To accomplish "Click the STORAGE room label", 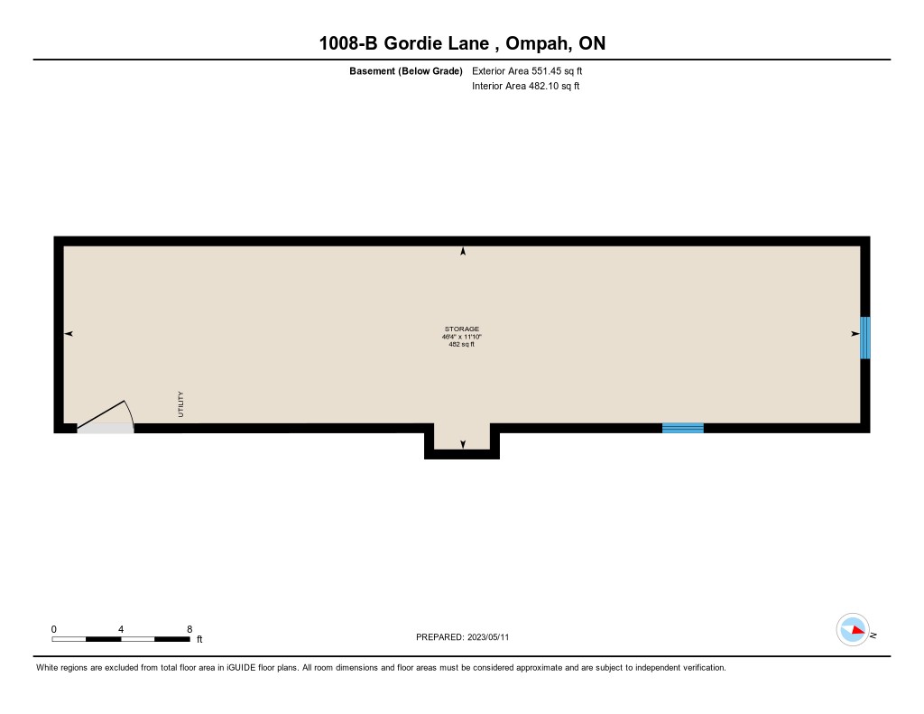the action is point(462,329).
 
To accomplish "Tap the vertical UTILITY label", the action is point(180,404).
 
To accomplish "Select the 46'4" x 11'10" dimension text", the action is point(462,337).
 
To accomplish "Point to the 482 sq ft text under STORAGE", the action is point(461,344).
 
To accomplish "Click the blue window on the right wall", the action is point(865,338).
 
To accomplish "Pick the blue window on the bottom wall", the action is point(683,428).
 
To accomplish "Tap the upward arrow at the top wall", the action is point(463,251).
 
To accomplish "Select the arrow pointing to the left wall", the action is point(69,334).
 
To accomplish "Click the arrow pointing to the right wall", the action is point(855,334).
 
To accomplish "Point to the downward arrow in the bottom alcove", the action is point(463,444).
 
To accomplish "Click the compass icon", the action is point(853,630).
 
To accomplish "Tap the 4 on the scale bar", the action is point(121,629).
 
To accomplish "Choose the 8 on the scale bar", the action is point(189,629).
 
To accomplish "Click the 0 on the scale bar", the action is point(53,629).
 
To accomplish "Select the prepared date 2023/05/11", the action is point(488,637).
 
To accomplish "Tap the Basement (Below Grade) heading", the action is point(406,71).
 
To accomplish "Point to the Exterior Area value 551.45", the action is point(546,70).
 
